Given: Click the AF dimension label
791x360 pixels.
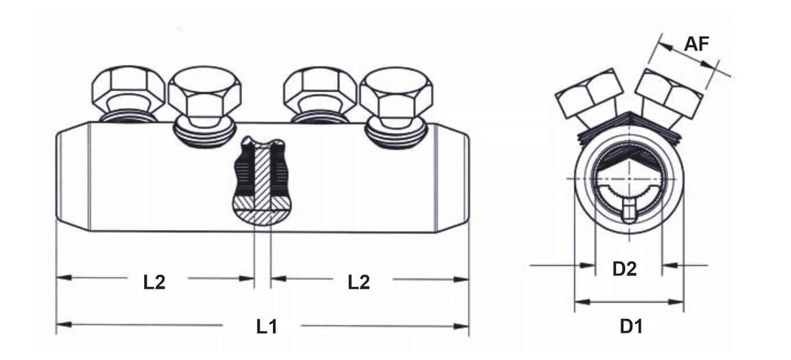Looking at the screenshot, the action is pos(697,44).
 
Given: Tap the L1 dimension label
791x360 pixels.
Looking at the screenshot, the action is pos(267,327).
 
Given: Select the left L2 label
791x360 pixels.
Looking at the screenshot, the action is pos(154,282).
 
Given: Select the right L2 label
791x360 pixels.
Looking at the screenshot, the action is pos(359,282).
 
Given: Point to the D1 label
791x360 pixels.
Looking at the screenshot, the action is pos(632,326).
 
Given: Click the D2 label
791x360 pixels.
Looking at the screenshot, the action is pos(624,269).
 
